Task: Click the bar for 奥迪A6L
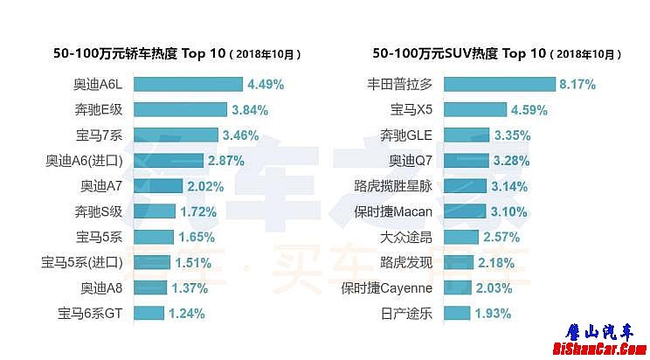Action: (x=188, y=85)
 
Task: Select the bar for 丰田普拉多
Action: (x=499, y=85)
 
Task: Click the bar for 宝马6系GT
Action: (x=149, y=313)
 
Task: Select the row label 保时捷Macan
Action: (x=394, y=211)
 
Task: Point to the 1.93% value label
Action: (x=494, y=313)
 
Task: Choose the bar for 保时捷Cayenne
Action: (x=458, y=287)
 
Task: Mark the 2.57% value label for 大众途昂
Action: (x=501, y=237)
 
